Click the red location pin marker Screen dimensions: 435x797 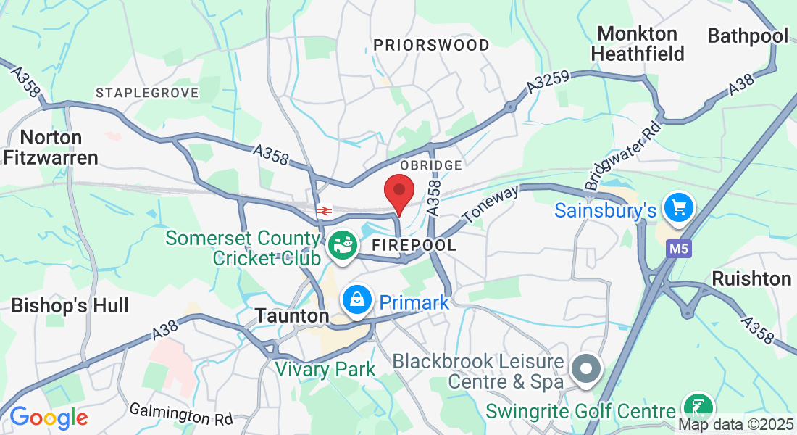coord(398,192)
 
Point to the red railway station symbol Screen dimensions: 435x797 coord(324,211)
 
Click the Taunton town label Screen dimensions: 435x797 coord(292,316)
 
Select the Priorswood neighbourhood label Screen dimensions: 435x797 coord(432,45)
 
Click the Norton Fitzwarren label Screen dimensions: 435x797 coord(51,147)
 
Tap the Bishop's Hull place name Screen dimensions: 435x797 coord(70,305)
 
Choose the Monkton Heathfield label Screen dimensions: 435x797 coord(638,43)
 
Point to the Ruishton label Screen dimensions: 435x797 coord(751,278)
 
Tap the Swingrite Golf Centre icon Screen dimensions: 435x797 coord(698,407)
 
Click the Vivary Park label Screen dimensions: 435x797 coord(325,369)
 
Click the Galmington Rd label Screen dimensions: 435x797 coord(181,414)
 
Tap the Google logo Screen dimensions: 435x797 coord(49,418)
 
